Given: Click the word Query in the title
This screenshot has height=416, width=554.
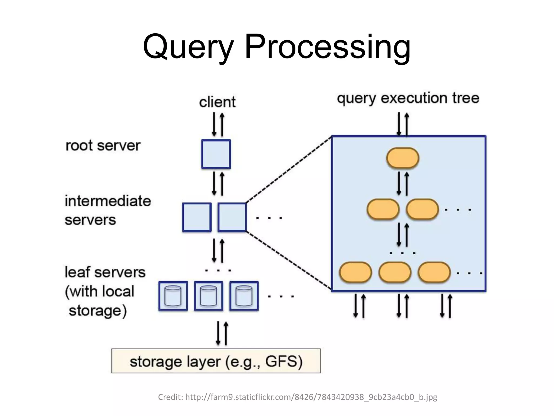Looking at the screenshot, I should pyautogui.click(x=188, y=47).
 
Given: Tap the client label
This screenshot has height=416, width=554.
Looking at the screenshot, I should pyautogui.click(x=217, y=102).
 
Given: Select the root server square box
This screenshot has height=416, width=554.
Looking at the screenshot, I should pyautogui.click(x=216, y=154).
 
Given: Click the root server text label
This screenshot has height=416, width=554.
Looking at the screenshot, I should pyautogui.click(x=103, y=145).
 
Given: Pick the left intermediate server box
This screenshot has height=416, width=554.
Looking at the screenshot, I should pyautogui.click(x=197, y=217).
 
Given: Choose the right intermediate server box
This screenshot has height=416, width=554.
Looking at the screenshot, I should pyautogui.click(x=232, y=217).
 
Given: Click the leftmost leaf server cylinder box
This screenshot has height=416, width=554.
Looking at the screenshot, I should pyautogui.click(x=173, y=296).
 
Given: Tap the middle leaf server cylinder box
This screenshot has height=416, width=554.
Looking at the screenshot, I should pyautogui.click(x=208, y=296).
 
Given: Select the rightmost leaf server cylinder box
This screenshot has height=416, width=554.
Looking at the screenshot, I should pyautogui.click(x=244, y=296).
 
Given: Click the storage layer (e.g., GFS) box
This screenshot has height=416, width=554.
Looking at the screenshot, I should pyautogui.click(x=216, y=361).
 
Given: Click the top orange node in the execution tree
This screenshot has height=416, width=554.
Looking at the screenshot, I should pyautogui.click(x=403, y=158).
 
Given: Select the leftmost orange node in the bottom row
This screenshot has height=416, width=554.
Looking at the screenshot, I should pyautogui.click(x=355, y=272).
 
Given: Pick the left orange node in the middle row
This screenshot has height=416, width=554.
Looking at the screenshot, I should pyautogui.click(x=383, y=209).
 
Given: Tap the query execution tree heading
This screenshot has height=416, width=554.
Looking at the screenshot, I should pyautogui.click(x=408, y=98).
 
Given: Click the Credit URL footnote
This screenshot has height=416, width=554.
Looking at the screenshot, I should pyautogui.click(x=298, y=397).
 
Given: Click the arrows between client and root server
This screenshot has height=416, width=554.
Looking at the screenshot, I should pyautogui.click(x=218, y=125).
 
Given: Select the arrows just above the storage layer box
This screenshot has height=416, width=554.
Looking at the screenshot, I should pyautogui.click(x=222, y=333).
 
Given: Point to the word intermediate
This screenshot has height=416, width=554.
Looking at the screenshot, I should pyautogui.click(x=108, y=201).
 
